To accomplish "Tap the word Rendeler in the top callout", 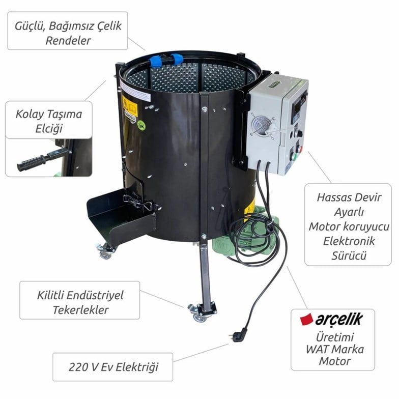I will point(68,41).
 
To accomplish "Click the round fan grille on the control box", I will point(262,124).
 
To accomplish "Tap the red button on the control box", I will point(299,149).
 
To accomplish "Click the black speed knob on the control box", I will point(298,133).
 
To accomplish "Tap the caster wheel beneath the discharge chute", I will point(105,252).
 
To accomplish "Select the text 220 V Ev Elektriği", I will point(112,367).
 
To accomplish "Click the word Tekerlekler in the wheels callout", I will point(80,310).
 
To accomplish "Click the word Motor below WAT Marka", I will point(334,361).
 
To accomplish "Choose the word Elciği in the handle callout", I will point(49,127).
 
